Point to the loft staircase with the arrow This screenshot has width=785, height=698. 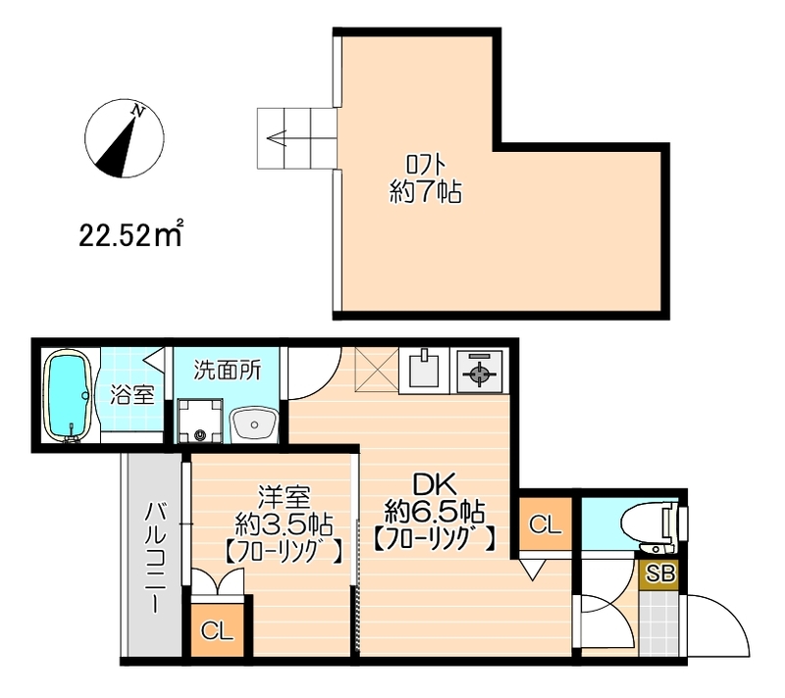[295, 136]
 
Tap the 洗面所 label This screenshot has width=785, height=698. [226, 371]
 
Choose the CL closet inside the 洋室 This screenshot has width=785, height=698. [217, 629]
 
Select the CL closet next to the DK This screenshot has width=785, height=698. [545, 524]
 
